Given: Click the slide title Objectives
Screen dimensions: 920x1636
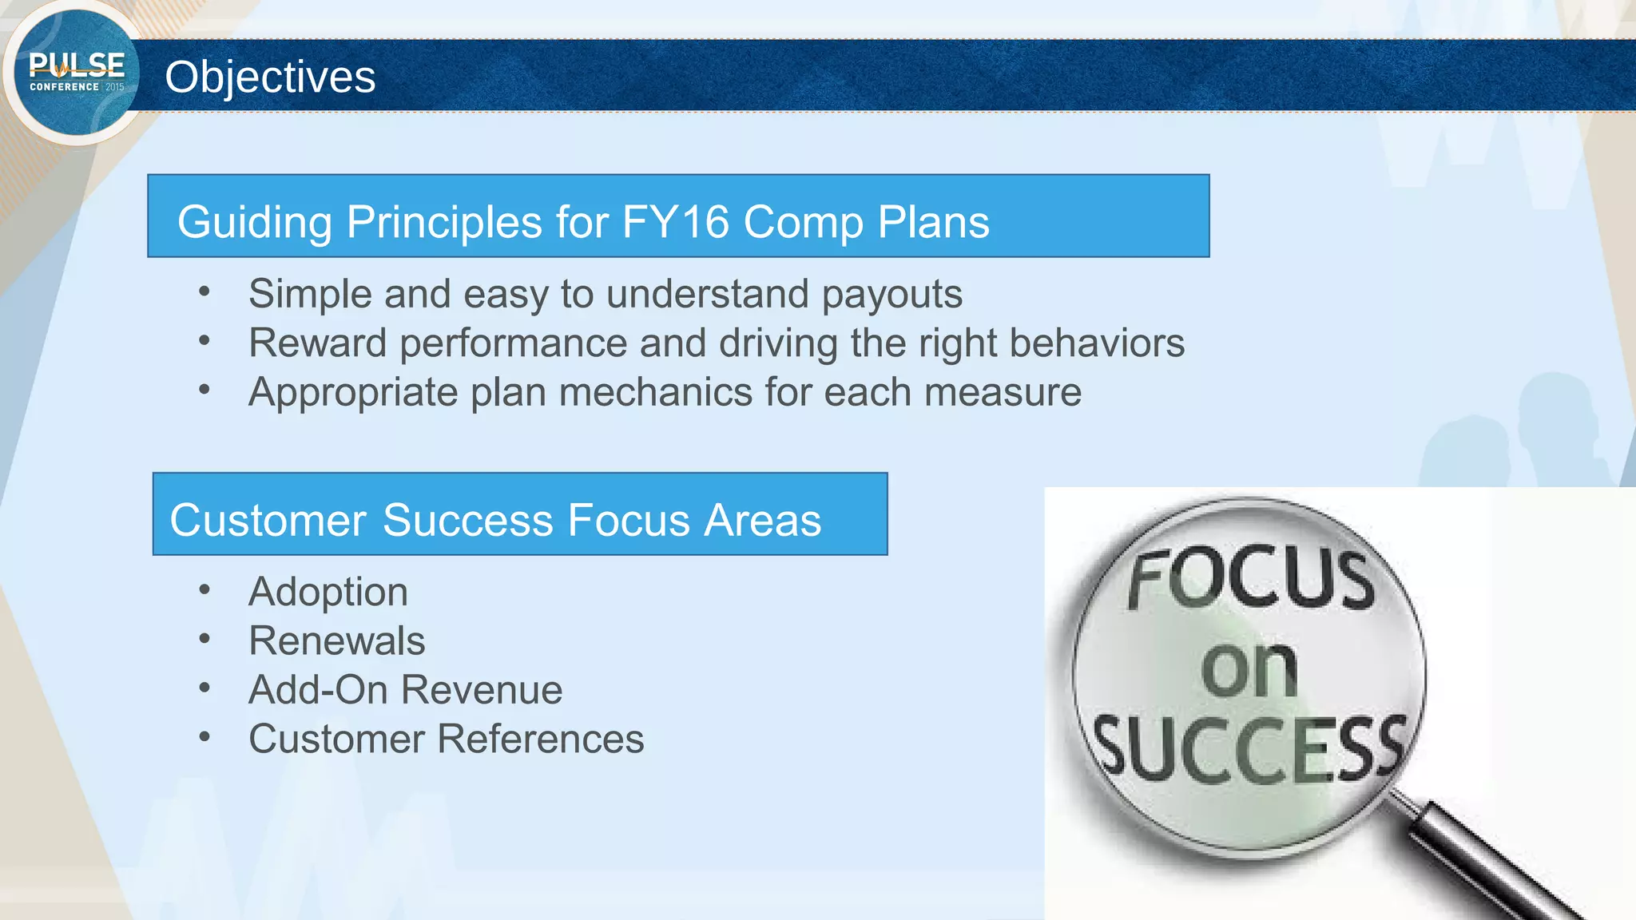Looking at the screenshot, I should [x=270, y=77].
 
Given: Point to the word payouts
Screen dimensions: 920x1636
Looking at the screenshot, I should [x=891, y=295].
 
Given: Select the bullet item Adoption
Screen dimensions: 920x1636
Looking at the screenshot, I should [x=328, y=592].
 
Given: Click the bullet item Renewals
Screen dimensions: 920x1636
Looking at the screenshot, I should [x=336, y=640].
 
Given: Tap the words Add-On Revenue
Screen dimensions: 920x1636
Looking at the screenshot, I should [x=405, y=690].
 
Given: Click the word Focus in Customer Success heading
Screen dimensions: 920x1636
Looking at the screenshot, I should [x=629, y=521].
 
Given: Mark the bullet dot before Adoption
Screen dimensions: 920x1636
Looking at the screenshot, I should [x=204, y=590].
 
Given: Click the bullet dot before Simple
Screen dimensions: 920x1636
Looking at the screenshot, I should [x=204, y=292].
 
